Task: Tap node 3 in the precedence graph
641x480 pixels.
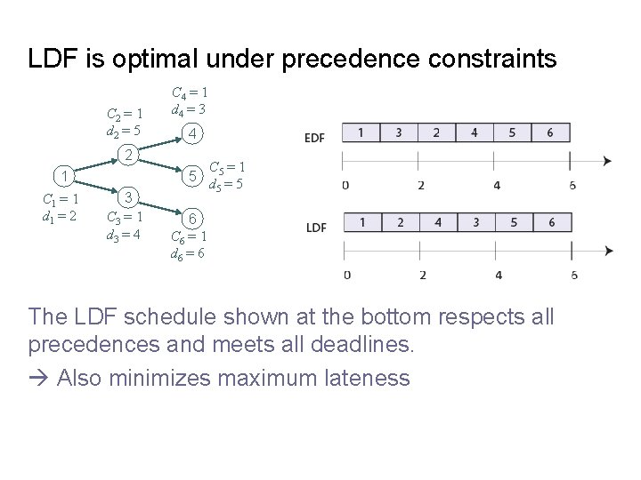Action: pyautogui.click(x=130, y=196)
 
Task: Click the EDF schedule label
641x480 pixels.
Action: pyautogui.click(x=314, y=137)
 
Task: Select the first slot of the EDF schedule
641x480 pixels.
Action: pyautogui.click(x=360, y=133)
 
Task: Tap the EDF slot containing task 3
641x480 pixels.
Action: pyautogui.click(x=398, y=133)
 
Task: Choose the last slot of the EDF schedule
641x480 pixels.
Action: pyautogui.click(x=550, y=133)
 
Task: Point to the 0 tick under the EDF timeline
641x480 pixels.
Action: pyautogui.click(x=345, y=186)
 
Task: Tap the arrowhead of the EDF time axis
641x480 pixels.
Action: pyautogui.click(x=607, y=161)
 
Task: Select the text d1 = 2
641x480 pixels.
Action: pyautogui.click(x=61, y=215)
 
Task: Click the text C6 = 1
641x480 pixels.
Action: pyautogui.click(x=190, y=237)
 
